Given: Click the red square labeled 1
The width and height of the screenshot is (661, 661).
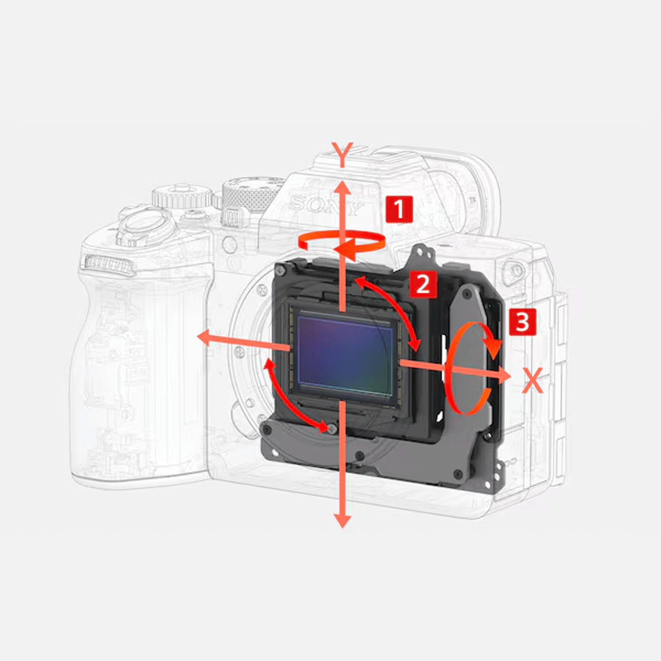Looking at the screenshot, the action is (399, 209).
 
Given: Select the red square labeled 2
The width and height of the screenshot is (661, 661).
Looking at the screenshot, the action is (423, 284).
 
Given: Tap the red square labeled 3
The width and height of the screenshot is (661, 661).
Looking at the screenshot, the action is (523, 322).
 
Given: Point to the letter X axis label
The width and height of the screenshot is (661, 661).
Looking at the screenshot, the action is (533, 380).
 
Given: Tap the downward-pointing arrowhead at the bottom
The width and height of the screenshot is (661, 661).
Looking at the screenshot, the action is (342, 519).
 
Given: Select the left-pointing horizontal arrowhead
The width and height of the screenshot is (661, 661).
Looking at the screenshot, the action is (205, 338).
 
